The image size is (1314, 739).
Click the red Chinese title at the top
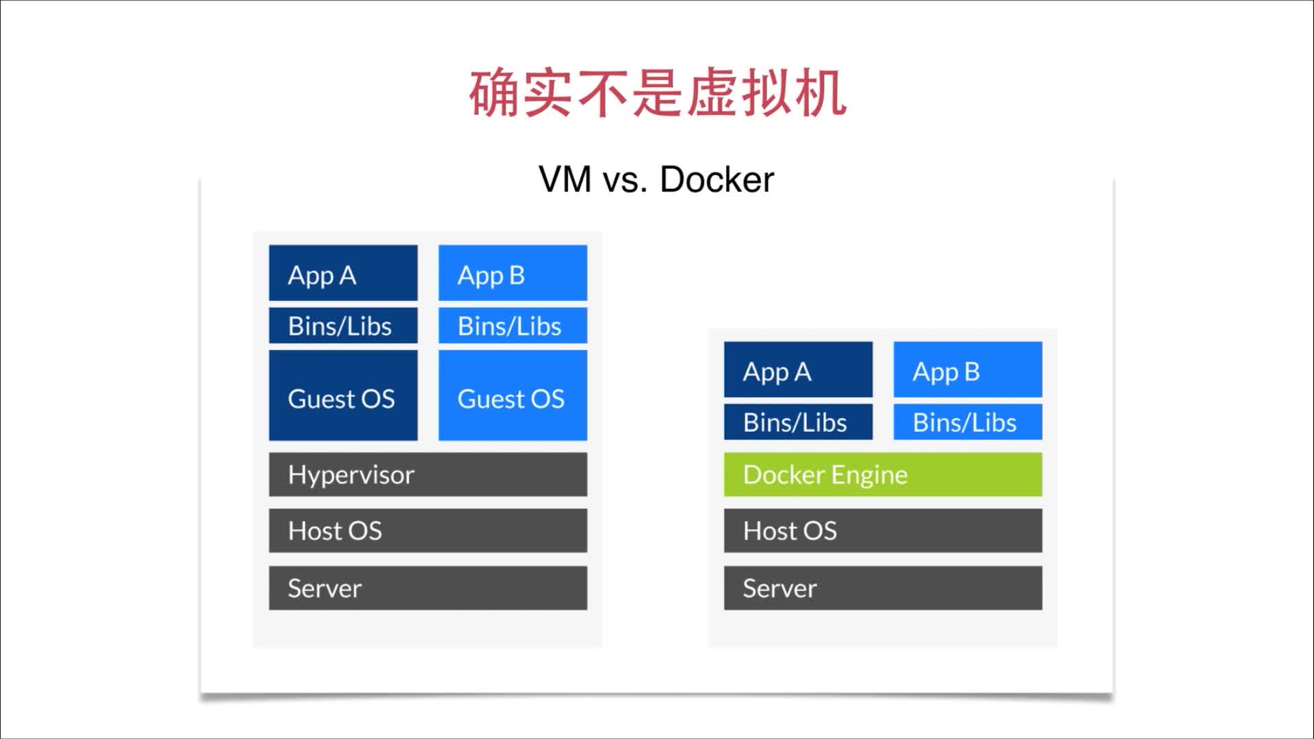click(x=657, y=92)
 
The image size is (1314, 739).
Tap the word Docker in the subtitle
click(x=717, y=180)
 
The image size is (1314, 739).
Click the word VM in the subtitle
click(x=565, y=180)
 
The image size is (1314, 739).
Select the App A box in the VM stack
click(x=343, y=273)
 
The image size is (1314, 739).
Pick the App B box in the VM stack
click(x=513, y=273)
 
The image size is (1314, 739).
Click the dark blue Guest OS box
click(x=343, y=396)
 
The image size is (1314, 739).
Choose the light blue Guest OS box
click(x=513, y=396)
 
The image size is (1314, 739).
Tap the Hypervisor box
click(x=428, y=474)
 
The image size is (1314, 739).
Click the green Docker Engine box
click(x=883, y=474)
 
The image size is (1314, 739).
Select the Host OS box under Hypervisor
click(x=428, y=530)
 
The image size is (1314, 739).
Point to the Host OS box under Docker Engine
click(x=883, y=530)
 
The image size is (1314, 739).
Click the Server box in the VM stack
click(x=428, y=588)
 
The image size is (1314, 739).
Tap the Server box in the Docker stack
click(x=883, y=588)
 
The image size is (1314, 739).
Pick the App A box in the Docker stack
click(x=798, y=369)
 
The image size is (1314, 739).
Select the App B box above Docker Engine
click(x=968, y=369)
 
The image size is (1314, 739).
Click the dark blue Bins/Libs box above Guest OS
click(x=343, y=326)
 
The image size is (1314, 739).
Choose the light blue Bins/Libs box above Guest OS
click(x=513, y=326)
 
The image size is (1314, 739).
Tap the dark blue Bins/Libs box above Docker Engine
click(x=798, y=422)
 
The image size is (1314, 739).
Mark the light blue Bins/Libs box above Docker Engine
click(x=968, y=422)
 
